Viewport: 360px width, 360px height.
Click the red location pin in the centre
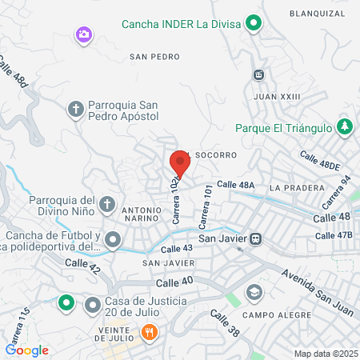coord(179,164)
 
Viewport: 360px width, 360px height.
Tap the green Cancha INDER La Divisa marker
coord(254,24)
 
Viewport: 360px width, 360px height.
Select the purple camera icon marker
coord(83,34)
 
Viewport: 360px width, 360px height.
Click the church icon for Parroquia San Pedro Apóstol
coord(76,109)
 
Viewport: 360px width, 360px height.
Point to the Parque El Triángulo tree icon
coord(345,126)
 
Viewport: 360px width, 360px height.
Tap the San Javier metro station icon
coord(256,238)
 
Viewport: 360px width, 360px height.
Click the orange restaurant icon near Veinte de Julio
coord(148,331)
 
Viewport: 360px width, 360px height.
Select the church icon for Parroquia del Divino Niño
coord(106,206)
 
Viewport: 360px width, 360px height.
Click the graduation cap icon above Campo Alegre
coord(254,291)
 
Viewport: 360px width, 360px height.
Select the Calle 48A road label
coord(234,185)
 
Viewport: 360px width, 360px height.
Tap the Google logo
coord(27,350)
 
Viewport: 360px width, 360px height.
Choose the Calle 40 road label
coord(174,282)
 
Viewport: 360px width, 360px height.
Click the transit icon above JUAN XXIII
coord(258,75)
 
